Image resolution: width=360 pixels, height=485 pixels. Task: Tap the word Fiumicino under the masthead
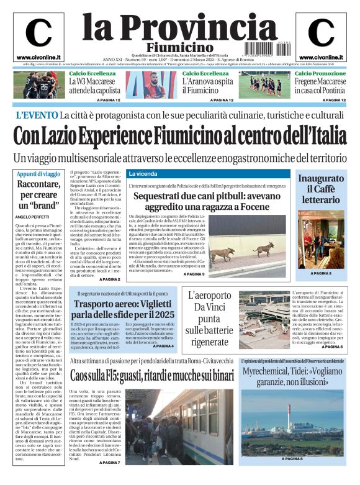click(179, 47)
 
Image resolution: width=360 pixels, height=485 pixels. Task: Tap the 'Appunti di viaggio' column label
click(39, 174)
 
